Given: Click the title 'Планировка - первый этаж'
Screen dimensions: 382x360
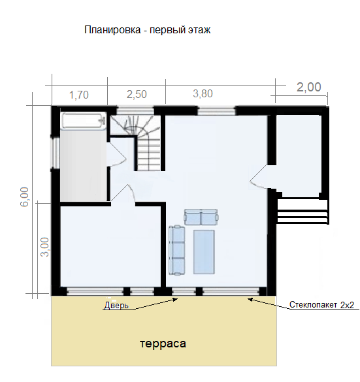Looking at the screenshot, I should tap(148, 30).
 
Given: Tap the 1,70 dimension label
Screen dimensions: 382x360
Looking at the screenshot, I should tap(78, 94).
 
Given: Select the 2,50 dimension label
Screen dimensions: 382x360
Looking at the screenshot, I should tap(136, 94).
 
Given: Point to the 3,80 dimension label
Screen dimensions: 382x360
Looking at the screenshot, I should tap(203, 93).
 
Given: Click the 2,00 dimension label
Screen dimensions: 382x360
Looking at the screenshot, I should tap(309, 87).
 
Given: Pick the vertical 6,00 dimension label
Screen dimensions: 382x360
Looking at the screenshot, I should tap(25, 197).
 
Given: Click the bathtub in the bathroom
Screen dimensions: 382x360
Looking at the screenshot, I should tap(83, 121).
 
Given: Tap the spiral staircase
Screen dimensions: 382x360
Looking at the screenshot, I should tap(137, 140).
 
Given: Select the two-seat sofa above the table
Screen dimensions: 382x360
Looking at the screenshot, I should tap(201, 217).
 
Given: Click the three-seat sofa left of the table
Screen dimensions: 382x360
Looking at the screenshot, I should tap(177, 249).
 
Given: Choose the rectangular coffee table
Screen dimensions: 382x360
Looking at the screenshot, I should tap(204, 251).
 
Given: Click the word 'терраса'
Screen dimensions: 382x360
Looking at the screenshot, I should tap(163, 343).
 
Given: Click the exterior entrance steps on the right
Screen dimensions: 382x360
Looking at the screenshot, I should tap(302, 211).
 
